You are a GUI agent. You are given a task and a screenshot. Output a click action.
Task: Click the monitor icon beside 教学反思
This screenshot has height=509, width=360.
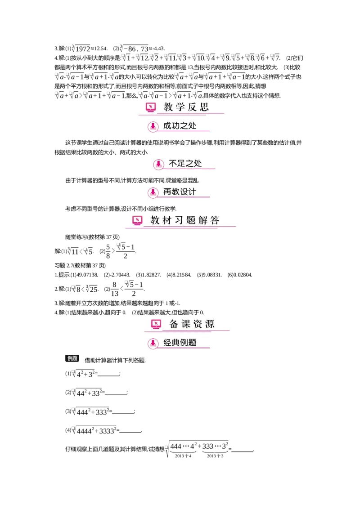click(151, 107)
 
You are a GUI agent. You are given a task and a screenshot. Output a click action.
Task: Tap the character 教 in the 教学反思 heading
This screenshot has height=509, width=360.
click(168, 107)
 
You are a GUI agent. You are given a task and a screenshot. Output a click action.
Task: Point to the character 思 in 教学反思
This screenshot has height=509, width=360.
click(204, 107)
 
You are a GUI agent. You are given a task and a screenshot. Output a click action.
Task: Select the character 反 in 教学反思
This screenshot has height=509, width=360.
click(193, 107)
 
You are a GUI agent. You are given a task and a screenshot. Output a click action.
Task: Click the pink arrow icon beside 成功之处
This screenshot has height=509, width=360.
click(153, 127)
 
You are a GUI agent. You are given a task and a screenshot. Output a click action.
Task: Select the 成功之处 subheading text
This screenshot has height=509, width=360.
click(180, 126)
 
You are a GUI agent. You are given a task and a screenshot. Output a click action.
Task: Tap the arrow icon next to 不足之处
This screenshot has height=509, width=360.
click(158, 164)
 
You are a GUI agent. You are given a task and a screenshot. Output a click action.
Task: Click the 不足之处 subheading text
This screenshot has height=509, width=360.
click(185, 164)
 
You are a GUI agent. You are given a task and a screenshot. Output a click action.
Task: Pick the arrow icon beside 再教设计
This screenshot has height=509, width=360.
click(153, 192)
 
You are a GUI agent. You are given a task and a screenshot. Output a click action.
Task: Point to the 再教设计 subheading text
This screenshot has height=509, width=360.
click(180, 192)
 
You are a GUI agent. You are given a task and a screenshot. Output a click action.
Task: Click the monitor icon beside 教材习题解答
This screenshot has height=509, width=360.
click(137, 220)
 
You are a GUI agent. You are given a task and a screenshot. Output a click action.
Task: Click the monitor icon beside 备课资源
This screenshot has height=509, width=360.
click(156, 324)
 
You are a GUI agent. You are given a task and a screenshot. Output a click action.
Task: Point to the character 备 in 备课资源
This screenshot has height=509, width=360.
click(174, 324)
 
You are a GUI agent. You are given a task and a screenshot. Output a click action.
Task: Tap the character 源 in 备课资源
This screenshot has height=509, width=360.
click(210, 324)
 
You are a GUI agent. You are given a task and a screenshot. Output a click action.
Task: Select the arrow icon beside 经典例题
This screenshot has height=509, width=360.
click(153, 344)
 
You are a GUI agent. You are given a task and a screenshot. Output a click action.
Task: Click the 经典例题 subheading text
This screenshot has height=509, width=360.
click(180, 343)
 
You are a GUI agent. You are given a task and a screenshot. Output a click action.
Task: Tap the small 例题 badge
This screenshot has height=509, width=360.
click(72, 358)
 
